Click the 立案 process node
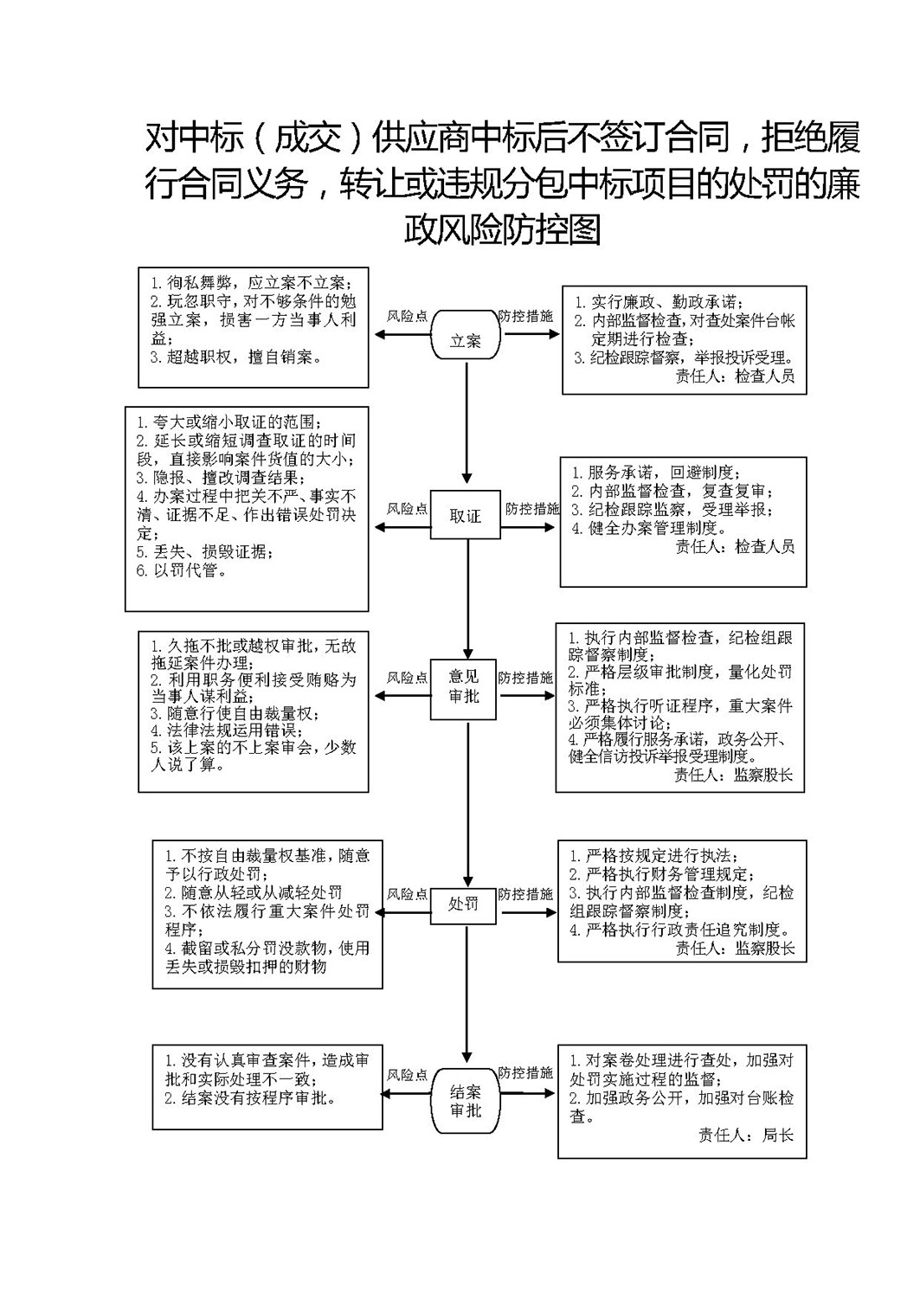(x=466, y=335)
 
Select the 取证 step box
(x=465, y=515)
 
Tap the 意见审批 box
(x=463, y=689)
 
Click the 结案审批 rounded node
(x=466, y=1101)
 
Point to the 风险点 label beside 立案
(x=407, y=316)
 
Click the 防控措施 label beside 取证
(x=531, y=509)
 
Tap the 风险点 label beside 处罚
(x=407, y=894)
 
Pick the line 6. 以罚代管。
(x=182, y=570)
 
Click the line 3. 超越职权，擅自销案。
(x=236, y=357)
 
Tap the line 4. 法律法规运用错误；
(x=227, y=730)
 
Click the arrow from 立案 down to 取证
(x=466, y=422)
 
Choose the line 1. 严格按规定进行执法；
(x=654, y=856)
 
